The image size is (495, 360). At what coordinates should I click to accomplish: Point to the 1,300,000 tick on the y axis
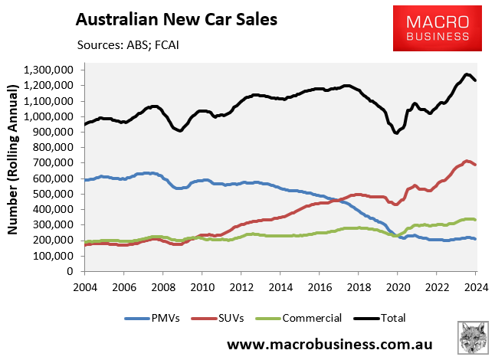48,70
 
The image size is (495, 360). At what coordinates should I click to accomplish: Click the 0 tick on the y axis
70,271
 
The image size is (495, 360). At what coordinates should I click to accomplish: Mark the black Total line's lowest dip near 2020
395,133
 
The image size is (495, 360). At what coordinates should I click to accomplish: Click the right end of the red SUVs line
475,165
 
